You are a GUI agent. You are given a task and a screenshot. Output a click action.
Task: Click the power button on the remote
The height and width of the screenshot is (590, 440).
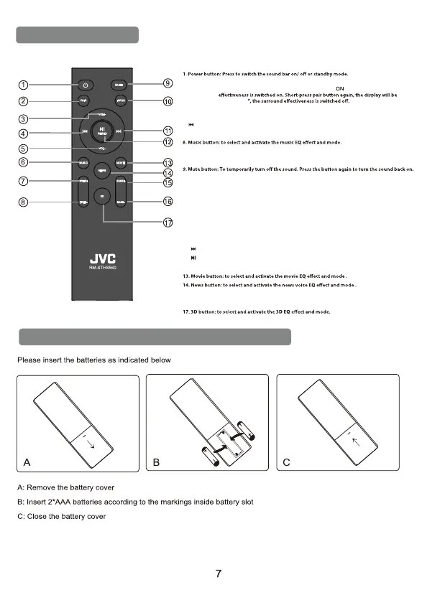click(84, 85)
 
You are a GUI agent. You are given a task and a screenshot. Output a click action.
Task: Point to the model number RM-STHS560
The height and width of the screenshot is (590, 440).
click(102, 268)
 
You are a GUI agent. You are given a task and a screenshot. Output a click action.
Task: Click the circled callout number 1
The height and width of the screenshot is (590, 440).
click(24, 85)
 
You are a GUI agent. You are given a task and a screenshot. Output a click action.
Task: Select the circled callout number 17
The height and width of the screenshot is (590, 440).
click(168, 223)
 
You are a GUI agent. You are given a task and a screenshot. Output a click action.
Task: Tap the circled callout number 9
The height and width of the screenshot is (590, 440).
click(168, 84)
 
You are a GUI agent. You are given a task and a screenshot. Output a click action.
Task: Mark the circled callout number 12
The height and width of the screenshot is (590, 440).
click(168, 141)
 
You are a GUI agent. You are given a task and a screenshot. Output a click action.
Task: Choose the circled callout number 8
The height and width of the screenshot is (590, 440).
click(24, 203)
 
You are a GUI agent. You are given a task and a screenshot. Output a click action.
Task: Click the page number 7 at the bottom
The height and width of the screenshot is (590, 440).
click(220, 573)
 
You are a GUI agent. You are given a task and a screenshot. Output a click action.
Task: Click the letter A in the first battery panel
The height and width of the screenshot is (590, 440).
click(27, 462)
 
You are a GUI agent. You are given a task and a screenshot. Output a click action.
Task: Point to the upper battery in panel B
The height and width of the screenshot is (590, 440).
click(247, 431)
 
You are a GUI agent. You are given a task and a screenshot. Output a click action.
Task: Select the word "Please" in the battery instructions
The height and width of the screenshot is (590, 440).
click(28, 360)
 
